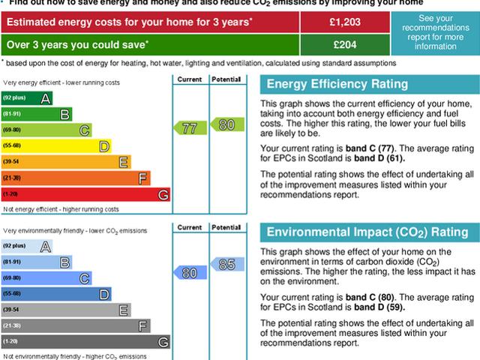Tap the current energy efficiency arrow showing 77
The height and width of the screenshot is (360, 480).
coord(188,128)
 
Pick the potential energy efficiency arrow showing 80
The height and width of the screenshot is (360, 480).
coord(225,123)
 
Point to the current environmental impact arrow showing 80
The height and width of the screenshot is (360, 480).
coord(188,273)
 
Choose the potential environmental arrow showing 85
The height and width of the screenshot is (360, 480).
coord(225,264)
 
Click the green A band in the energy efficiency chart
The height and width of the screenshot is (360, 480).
coord(27,98)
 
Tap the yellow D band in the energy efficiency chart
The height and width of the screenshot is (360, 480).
coord(56,145)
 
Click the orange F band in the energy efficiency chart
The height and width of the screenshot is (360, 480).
coord(76,178)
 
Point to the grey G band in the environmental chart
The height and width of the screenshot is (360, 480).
coord(86,342)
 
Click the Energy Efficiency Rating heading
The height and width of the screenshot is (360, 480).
coord(337,84)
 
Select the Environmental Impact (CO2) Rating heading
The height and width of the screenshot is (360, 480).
coord(367,232)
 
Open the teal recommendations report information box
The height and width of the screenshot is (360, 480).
coord(436,32)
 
